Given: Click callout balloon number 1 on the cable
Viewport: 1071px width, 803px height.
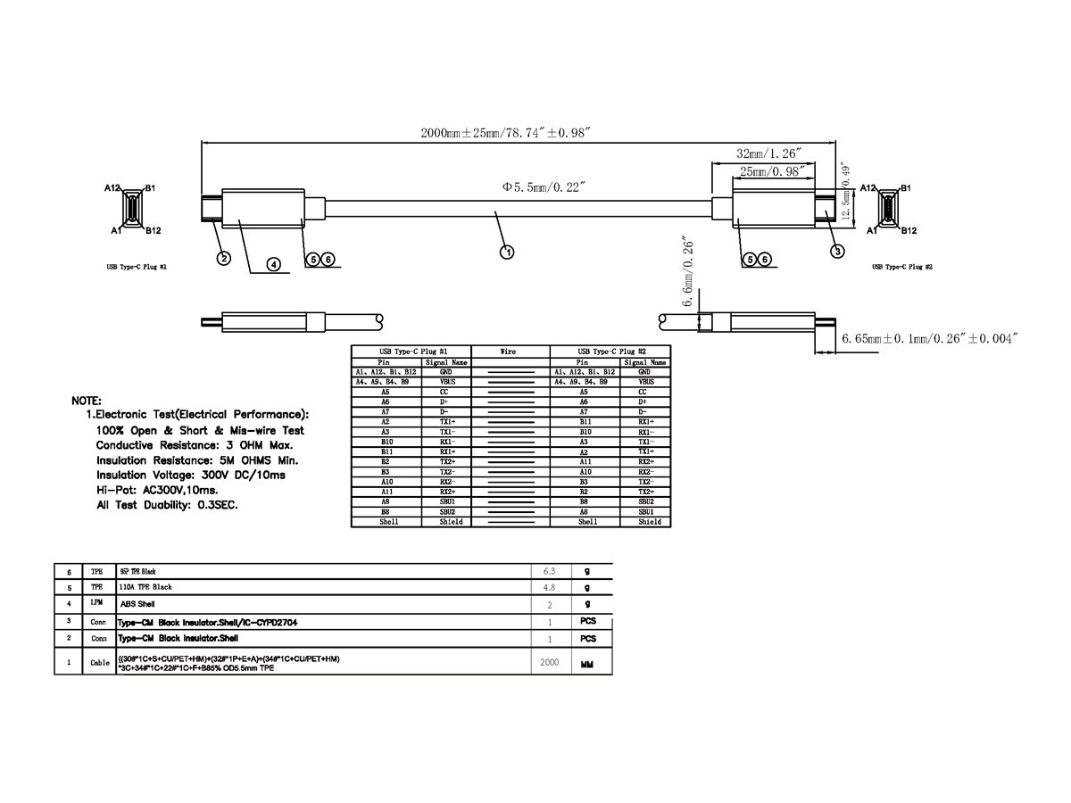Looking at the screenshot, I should click(506, 252).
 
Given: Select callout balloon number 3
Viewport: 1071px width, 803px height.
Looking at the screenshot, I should click(837, 251).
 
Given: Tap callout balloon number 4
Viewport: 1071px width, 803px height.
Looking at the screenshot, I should click(274, 264).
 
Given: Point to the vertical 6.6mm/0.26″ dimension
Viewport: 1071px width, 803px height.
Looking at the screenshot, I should click(689, 277).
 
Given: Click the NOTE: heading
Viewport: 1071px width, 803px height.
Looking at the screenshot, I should click(86, 401).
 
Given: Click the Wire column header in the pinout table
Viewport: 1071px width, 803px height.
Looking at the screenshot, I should click(509, 352).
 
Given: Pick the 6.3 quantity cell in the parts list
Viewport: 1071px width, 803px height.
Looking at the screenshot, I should click(550, 570).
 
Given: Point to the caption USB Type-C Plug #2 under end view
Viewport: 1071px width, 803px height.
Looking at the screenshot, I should click(902, 267).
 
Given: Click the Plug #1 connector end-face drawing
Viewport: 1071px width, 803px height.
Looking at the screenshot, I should click(132, 211).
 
